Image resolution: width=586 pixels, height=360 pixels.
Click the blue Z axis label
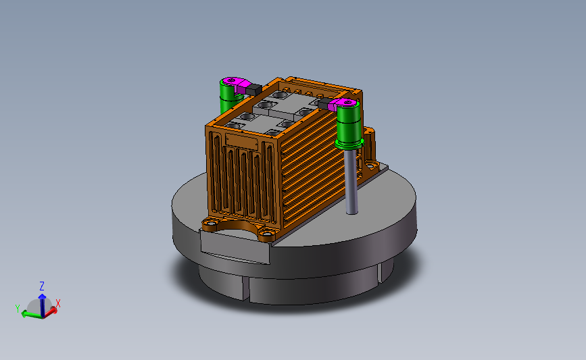click(42, 286)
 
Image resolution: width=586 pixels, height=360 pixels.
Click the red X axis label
click(58, 303)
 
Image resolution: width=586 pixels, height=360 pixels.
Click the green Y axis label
click(18, 309)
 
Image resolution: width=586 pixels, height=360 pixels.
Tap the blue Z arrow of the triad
click(42, 305)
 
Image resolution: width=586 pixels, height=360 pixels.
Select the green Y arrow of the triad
click(32, 315)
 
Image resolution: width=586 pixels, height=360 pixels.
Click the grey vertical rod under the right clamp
click(351, 182)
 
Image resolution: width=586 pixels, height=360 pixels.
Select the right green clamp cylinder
click(349, 123)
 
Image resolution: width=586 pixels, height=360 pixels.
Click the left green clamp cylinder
click(228, 97)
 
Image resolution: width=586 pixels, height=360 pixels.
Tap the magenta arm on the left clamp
click(236, 85)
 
